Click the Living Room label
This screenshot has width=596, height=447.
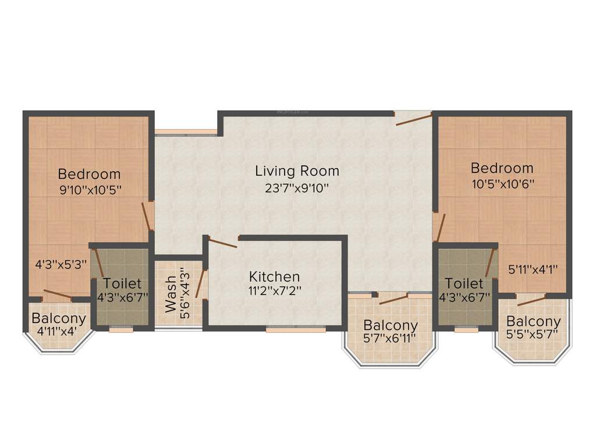pos(297,171)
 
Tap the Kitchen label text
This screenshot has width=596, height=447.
pos(274,276)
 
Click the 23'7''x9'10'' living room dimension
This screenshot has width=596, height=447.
pos(297,188)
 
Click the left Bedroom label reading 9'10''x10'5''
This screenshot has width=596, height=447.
pos(90,174)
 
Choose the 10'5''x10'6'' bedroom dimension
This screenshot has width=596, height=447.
pos(502,183)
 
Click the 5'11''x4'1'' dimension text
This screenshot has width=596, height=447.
pos(533,269)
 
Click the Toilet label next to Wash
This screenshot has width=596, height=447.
pos(122,284)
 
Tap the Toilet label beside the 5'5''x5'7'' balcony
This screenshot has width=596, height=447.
pos(464,284)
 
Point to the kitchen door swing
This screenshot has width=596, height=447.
pos(222,243)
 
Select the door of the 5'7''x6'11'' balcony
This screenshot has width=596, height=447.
pos(393,299)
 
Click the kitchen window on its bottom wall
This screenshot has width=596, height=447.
pos(296,329)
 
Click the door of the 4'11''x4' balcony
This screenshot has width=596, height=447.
pos(58,295)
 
